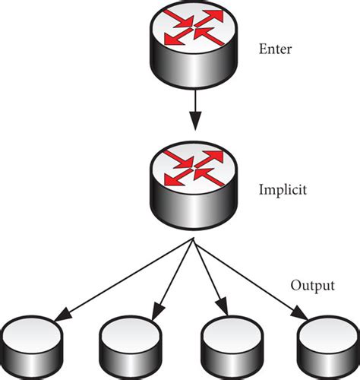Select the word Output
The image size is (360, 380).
pyautogui.click(x=311, y=287)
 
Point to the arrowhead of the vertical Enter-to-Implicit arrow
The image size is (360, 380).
pyautogui.click(x=194, y=122)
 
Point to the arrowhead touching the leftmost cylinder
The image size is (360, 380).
pyautogui.click(x=61, y=313)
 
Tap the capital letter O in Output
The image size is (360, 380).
pyautogui.click(x=295, y=287)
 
